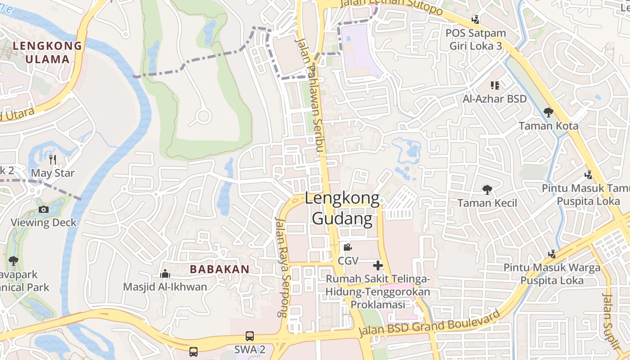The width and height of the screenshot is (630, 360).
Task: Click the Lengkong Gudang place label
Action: pyautogui.click(x=342, y=208)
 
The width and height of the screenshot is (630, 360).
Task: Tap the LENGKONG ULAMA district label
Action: pyautogui.click(x=47, y=52)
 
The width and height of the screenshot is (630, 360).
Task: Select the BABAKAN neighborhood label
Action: pyautogui.click(x=219, y=269)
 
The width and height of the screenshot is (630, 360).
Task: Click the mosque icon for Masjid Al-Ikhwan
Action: pyautogui.click(x=165, y=274)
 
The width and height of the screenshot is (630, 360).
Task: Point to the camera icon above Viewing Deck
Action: pyautogui.click(x=44, y=209)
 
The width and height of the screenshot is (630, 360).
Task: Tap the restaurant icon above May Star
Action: pyautogui.click(x=53, y=159)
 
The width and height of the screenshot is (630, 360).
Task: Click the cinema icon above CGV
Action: pyautogui.click(x=347, y=247)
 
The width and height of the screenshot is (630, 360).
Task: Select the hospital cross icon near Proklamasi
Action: pyautogui.click(x=378, y=265)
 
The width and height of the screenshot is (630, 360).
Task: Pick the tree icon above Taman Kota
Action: pyautogui.click(x=548, y=112)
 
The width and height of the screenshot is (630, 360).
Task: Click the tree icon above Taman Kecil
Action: pyautogui.click(x=487, y=189)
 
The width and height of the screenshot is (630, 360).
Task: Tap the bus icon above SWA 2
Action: pyautogui.click(x=249, y=336)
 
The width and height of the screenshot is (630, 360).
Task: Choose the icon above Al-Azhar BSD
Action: pyautogui.click(x=495, y=85)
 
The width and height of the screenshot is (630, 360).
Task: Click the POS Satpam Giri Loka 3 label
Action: pyautogui.click(x=476, y=39)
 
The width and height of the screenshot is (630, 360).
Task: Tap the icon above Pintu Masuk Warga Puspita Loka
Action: pyautogui.click(x=552, y=254)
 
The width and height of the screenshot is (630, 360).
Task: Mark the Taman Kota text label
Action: pyautogui.click(x=549, y=126)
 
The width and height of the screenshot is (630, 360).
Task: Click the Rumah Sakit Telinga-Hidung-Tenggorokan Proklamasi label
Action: pyautogui.click(x=378, y=292)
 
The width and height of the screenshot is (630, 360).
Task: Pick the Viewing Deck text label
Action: pyautogui.click(x=44, y=222)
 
